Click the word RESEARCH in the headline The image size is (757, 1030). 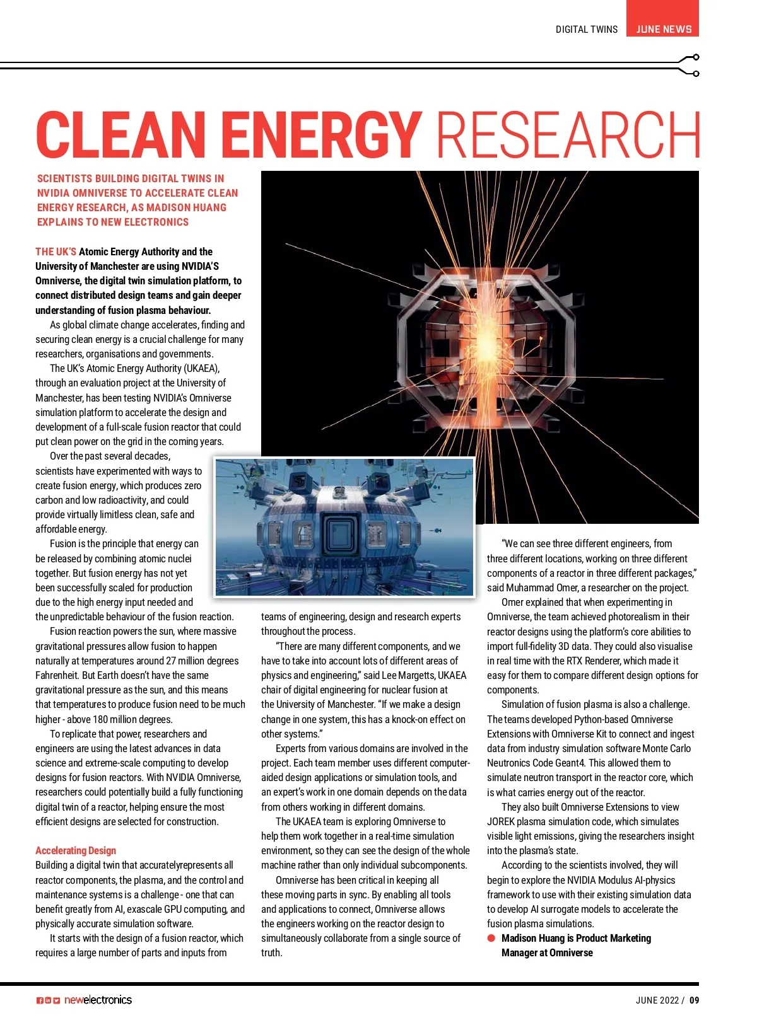(568, 134)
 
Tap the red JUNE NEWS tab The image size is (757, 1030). (663, 29)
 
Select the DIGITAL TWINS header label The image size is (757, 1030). (586, 30)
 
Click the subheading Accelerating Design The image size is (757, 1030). (76, 850)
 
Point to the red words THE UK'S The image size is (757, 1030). (56, 252)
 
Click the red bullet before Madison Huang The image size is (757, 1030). (491, 938)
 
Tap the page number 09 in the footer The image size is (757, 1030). (694, 1000)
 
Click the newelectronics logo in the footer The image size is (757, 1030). (98, 1000)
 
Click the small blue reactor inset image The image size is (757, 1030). (344, 527)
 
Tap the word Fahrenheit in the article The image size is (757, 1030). (58, 675)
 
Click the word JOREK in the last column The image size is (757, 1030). (502, 821)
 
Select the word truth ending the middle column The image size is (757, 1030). (271, 952)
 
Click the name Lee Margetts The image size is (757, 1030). (409, 675)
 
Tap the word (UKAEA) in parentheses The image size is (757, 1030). (201, 368)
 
